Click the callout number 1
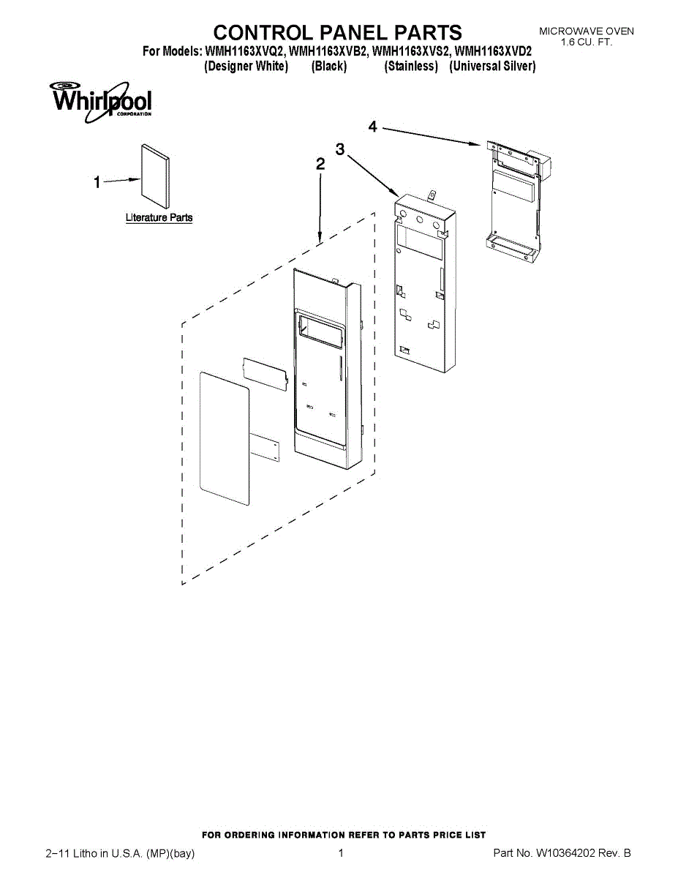pyautogui.click(x=97, y=184)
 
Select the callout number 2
pyautogui.click(x=320, y=165)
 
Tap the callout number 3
pyautogui.click(x=340, y=150)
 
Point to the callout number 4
pyautogui.click(x=373, y=127)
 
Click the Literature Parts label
pyautogui.click(x=159, y=218)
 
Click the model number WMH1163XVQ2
pyautogui.click(x=246, y=52)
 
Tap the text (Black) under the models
pyautogui.click(x=328, y=67)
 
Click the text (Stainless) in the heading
pyautogui.click(x=411, y=67)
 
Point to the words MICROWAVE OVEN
pyautogui.click(x=587, y=31)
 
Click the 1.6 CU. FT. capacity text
pyautogui.click(x=587, y=42)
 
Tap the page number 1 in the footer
pyautogui.click(x=341, y=853)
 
